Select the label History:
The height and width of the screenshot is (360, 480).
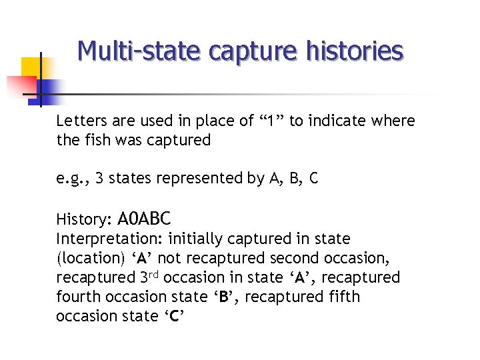point(83,219)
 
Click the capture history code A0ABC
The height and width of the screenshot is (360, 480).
point(143,218)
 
